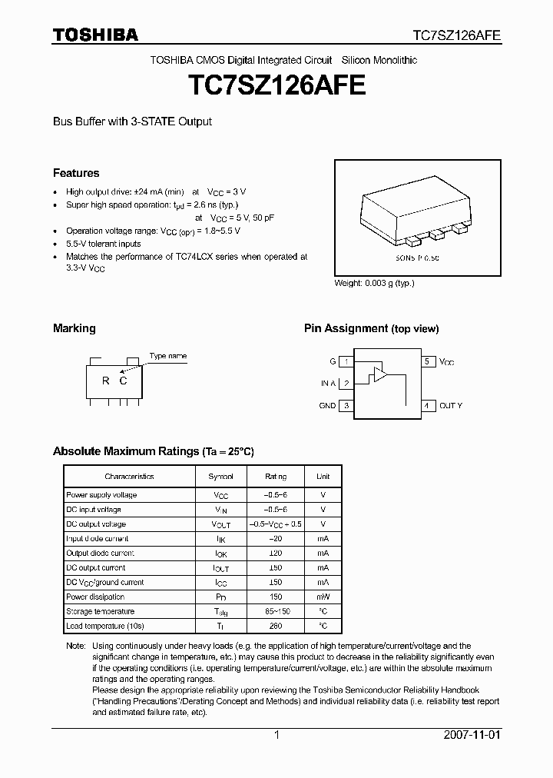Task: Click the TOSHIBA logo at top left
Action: tap(95, 35)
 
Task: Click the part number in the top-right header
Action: tap(457, 35)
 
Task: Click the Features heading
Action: tap(76, 173)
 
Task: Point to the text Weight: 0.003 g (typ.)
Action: tap(374, 283)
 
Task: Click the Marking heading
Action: tap(74, 328)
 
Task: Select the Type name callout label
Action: tap(167, 356)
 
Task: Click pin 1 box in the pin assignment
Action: tap(346, 361)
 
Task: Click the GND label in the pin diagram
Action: tap(327, 406)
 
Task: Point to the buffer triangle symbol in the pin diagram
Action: tap(379, 376)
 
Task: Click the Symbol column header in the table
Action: tap(221, 477)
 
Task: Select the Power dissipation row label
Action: tap(89, 597)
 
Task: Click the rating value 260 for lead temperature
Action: tap(275, 626)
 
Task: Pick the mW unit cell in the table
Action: tap(323, 597)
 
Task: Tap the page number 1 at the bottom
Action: tap(276, 735)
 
